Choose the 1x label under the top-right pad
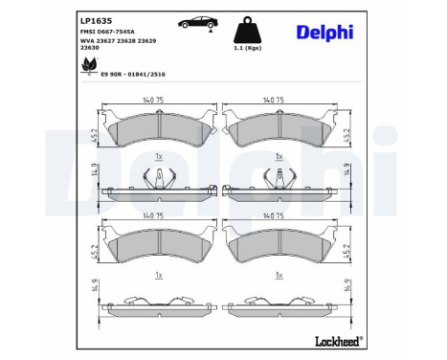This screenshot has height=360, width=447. tap(279, 155)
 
